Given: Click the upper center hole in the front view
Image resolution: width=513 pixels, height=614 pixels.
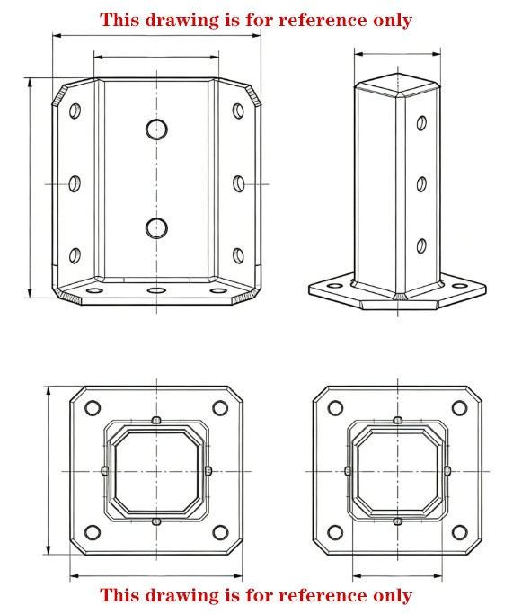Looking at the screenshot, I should click(x=157, y=129).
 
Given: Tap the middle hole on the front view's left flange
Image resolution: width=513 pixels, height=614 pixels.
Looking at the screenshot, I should click(x=75, y=182).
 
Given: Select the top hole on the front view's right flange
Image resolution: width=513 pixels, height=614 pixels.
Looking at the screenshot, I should click(x=238, y=111).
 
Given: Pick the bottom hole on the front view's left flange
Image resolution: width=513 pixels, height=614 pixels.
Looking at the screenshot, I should click(x=75, y=254).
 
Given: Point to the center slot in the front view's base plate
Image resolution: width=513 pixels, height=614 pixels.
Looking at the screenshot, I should click(x=157, y=291).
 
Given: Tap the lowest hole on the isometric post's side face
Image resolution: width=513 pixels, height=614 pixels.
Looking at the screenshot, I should click(x=420, y=245).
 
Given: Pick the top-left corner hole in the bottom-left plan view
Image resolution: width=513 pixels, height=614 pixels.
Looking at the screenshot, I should click(x=92, y=408).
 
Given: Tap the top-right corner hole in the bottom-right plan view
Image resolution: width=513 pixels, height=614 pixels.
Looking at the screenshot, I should click(x=462, y=408).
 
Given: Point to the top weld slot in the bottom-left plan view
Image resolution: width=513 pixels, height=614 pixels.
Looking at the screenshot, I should click(x=156, y=420).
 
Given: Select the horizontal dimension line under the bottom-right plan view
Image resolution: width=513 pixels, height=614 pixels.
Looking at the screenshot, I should click(x=397, y=575).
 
